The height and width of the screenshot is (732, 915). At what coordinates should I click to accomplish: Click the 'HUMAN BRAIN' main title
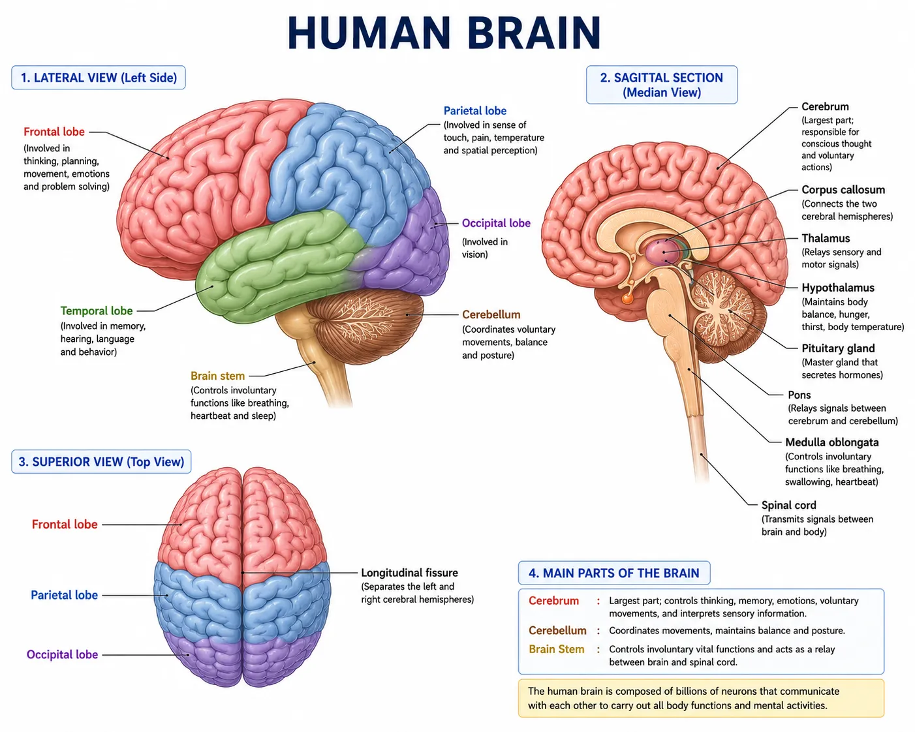[x=444, y=33]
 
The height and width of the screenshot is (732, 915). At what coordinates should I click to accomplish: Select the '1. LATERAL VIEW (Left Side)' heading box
[x=98, y=78]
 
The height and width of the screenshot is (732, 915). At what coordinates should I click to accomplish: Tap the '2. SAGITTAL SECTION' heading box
[x=662, y=85]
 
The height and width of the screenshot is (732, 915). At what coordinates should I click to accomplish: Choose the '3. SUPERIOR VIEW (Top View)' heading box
[x=101, y=461]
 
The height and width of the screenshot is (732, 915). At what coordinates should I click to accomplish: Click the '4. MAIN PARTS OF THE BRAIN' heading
[x=614, y=573]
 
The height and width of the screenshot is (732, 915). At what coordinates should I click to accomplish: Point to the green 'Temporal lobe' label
[x=97, y=311]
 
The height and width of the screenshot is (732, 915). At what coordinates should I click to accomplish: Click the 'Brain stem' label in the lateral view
[x=218, y=376]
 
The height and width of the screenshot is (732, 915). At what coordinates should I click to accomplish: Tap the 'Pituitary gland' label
[x=838, y=348]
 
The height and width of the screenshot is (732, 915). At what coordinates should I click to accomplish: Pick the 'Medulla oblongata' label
[x=831, y=442]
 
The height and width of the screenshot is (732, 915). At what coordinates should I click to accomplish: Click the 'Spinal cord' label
[x=789, y=505]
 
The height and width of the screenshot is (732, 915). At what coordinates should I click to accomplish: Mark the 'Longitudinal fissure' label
[x=409, y=573]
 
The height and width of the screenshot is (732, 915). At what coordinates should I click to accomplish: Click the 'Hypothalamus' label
[x=838, y=288]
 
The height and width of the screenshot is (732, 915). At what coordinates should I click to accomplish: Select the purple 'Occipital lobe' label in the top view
[x=62, y=654]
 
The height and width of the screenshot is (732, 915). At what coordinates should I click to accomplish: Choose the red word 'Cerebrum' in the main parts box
[x=553, y=601]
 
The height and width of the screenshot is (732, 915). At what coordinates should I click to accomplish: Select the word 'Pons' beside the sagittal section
[x=799, y=395]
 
